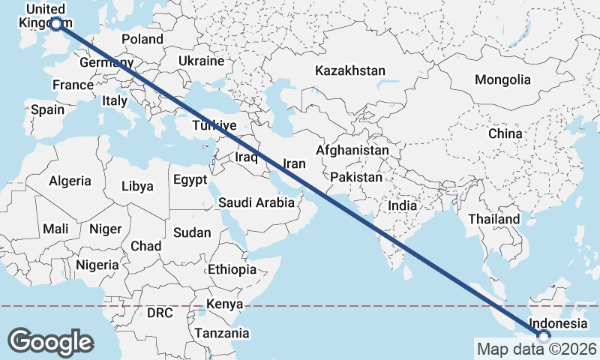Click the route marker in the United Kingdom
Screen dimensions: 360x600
[x=55, y=24]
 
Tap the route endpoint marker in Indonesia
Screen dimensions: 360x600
[x=544, y=337]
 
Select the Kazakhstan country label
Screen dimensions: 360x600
[x=350, y=71]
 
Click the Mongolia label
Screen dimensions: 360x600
[x=502, y=79]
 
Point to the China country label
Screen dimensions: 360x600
[x=505, y=133]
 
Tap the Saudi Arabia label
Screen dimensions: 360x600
[x=251, y=202]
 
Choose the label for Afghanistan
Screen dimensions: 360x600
[x=352, y=150]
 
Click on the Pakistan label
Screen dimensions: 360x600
[x=355, y=178]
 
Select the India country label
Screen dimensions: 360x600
[x=402, y=205]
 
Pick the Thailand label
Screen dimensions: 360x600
[x=493, y=219]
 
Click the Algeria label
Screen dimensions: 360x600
[x=70, y=181]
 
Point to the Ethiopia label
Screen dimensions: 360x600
[x=232, y=269]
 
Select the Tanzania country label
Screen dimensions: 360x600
[x=222, y=333]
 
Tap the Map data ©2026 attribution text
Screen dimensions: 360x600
[x=537, y=349]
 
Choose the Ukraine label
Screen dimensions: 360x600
[x=201, y=61]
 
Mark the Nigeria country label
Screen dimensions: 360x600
[x=97, y=265]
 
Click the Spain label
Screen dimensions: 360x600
[x=47, y=109]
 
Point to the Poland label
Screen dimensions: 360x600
[x=142, y=39]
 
